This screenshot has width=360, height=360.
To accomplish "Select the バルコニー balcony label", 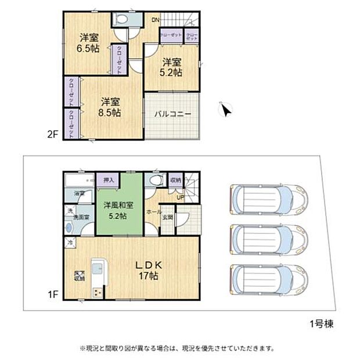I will (x=172, y=114).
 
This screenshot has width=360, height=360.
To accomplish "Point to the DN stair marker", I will (x=155, y=20).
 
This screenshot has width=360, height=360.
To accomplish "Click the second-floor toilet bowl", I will (x=123, y=19).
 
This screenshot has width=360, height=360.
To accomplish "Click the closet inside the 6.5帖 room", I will (x=119, y=60).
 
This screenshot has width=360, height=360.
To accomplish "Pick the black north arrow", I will (x=226, y=109).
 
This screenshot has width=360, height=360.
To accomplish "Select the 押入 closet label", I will (x=108, y=181).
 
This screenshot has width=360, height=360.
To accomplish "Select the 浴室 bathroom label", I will (x=79, y=193).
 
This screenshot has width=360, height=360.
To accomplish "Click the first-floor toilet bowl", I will (x=153, y=181).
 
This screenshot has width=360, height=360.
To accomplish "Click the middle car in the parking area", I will (x=268, y=237).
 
